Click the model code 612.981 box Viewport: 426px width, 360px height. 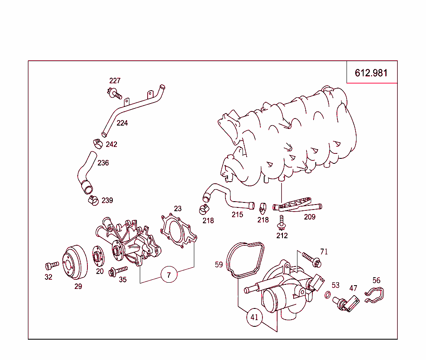coord(372,73)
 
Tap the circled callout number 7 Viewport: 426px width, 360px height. coord(169,275)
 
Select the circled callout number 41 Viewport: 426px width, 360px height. coord(255,318)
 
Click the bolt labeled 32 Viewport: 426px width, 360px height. coord(52,265)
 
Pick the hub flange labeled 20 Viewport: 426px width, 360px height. coord(99,256)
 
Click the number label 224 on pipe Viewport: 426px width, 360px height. coord(122,123)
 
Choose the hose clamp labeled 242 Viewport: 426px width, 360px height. coord(97,143)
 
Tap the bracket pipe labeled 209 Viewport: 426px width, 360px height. coord(297,206)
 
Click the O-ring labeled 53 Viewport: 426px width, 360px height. coord(328,295)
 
